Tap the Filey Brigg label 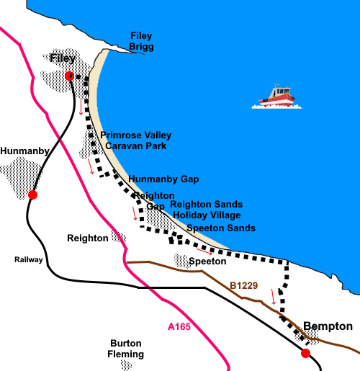[141, 41]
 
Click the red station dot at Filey [69, 76]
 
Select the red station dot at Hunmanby [32, 195]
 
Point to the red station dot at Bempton [305, 353]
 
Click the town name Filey [63, 58]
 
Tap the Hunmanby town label [25, 151]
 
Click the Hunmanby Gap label [163, 179]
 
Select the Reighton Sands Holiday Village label [206, 210]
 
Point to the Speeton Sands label [221, 228]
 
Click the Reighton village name [87, 238]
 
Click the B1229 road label [243, 286]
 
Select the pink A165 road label [179, 327]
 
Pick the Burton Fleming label [127, 349]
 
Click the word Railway [29, 259]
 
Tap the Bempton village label [328, 326]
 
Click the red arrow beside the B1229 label [274, 296]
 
